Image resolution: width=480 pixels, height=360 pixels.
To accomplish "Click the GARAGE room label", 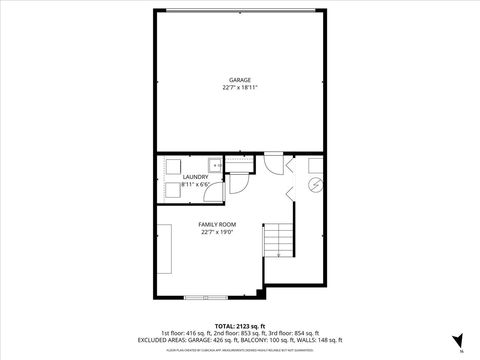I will [x=239, y=79].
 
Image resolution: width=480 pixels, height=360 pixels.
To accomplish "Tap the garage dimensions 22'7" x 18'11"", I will [x=239, y=87].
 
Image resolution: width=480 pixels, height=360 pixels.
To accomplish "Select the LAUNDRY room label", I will [x=195, y=177].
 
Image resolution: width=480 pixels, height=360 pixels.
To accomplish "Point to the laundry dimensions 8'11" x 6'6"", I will [x=195, y=185].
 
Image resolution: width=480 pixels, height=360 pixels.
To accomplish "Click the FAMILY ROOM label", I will [x=216, y=225].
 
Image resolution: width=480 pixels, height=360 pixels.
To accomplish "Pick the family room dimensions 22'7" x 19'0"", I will [x=216, y=233].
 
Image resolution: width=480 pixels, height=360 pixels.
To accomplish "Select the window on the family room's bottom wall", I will [x=205, y=297].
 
